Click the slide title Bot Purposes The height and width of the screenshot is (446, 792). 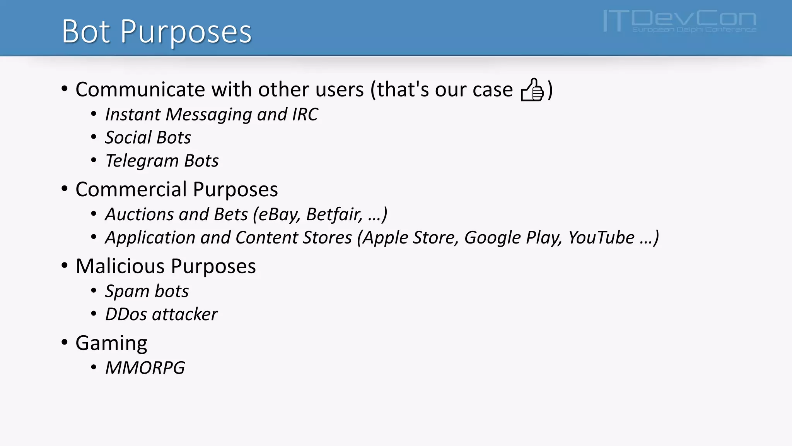(157, 31)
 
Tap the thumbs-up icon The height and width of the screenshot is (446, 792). (532, 90)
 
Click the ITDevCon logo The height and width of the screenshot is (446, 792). (679, 21)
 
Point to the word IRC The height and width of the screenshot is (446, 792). (305, 115)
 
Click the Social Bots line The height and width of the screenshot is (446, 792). (148, 138)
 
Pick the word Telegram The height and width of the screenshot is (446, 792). (142, 161)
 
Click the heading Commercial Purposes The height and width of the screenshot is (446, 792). (176, 189)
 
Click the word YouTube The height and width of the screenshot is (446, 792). (601, 238)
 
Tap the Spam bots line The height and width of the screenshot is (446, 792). (147, 291)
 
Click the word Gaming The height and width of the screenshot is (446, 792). (111, 343)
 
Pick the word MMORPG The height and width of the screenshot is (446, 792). (145, 368)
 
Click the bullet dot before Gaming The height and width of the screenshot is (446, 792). (65, 342)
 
